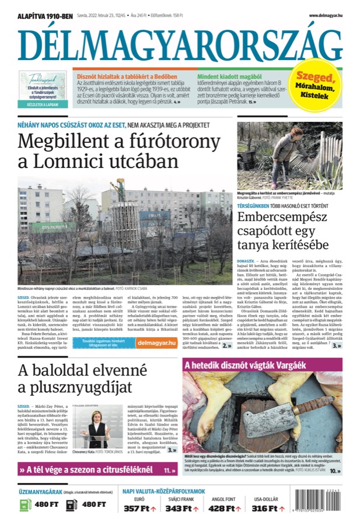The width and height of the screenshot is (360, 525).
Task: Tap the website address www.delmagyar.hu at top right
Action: tap(325, 15)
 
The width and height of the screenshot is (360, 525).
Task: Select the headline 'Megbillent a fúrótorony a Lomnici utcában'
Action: tap(97, 151)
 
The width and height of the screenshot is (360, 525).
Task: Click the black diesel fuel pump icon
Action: tap(71, 503)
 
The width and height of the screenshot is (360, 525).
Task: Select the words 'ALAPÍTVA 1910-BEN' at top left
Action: tap(41, 16)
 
